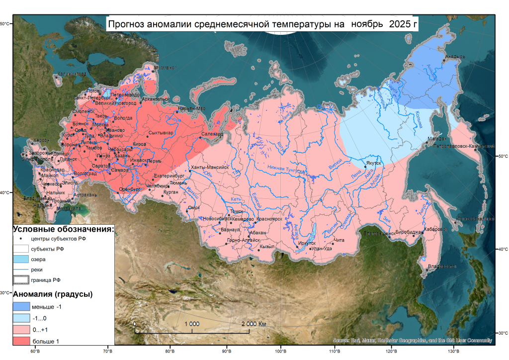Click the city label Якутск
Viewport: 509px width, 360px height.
coord(373,163)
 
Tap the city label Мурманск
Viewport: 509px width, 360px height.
coord(165,68)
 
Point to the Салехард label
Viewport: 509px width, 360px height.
coord(213,134)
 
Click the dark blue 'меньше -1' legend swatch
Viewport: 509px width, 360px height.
coord(21,306)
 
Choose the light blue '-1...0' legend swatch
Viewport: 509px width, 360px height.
coord(21,318)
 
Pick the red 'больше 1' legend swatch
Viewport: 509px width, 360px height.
coord(21,341)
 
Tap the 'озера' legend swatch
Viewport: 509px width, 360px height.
coord(21,259)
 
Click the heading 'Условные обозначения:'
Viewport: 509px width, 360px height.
coord(63,229)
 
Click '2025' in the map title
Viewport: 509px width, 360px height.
coord(400,24)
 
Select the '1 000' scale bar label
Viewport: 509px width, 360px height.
coord(192,324)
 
